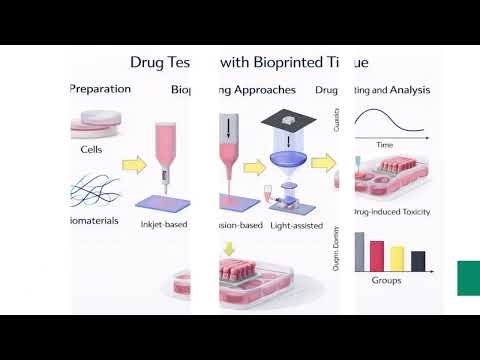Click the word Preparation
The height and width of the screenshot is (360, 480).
point(100,88)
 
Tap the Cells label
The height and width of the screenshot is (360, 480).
point(91,150)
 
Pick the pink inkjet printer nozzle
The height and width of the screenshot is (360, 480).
point(169,150)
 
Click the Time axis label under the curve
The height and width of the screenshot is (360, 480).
point(385,145)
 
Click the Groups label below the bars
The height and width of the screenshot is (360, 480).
point(386,282)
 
